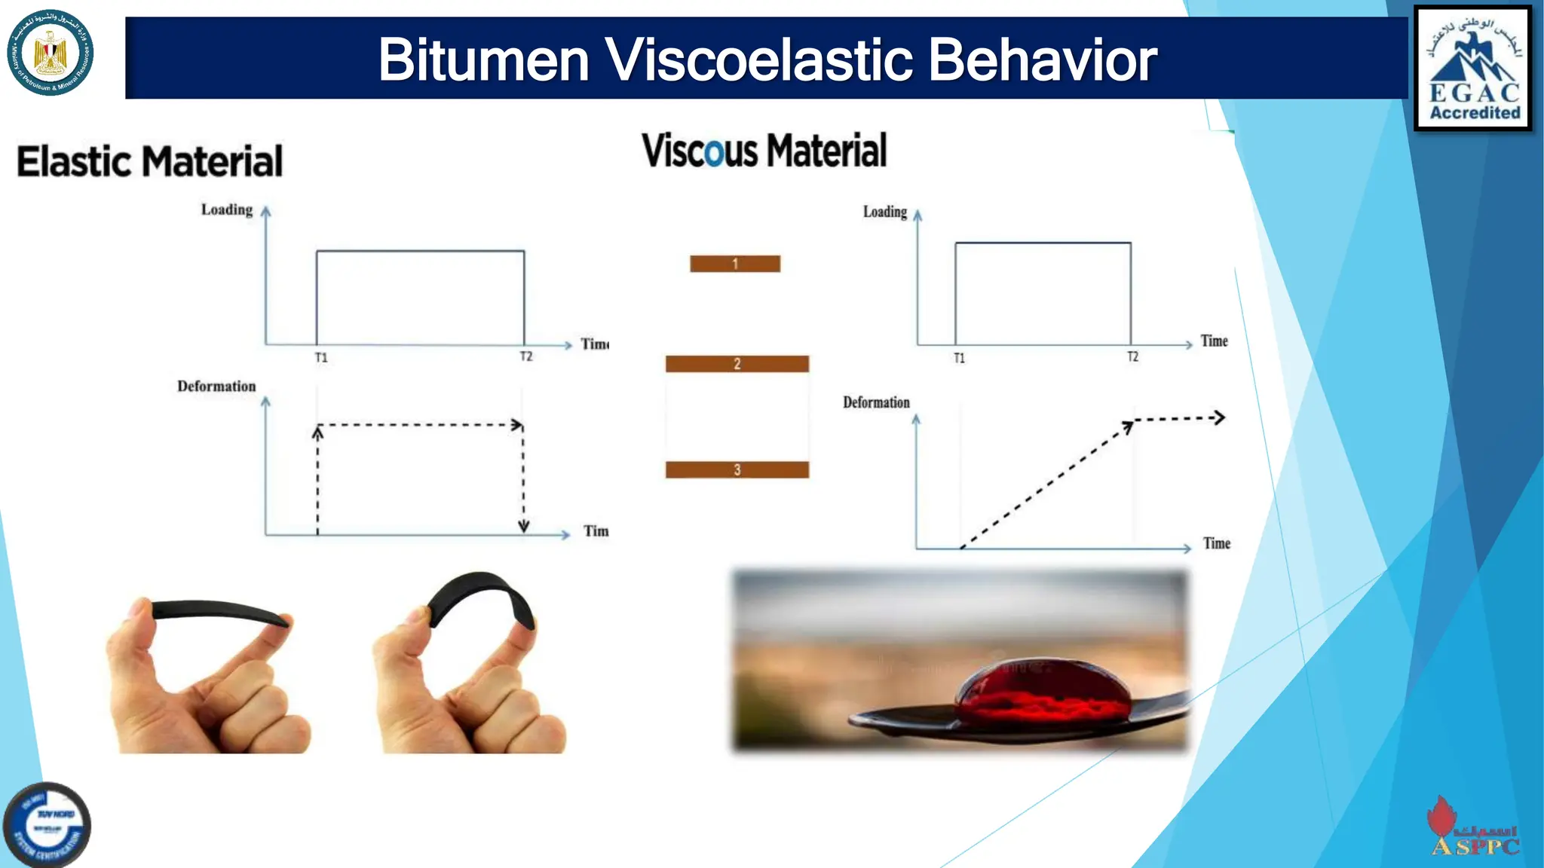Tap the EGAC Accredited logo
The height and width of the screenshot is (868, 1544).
pyautogui.click(x=1474, y=69)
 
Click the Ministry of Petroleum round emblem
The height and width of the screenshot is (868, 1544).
pyautogui.click(x=50, y=53)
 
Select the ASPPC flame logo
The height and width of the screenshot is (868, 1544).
pyautogui.click(x=1473, y=828)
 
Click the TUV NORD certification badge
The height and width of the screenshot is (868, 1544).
pyautogui.click(x=47, y=825)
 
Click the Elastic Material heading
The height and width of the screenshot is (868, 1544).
pyautogui.click(x=149, y=161)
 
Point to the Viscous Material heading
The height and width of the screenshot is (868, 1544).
pyautogui.click(x=764, y=150)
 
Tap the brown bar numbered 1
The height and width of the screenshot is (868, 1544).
pyautogui.click(x=735, y=264)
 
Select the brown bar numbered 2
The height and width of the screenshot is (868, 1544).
pyautogui.click(x=737, y=364)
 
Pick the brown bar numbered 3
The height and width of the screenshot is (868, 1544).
pyautogui.click(x=737, y=470)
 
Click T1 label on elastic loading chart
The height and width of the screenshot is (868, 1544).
pyautogui.click(x=321, y=358)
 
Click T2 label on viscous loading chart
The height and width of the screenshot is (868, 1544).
pyautogui.click(x=1132, y=356)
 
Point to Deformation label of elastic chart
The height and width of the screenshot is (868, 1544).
pyautogui.click(x=216, y=387)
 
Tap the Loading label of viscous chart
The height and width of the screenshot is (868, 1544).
pyautogui.click(x=884, y=212)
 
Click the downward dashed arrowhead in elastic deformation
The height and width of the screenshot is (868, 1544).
pyautogui.click(x=523, y=526)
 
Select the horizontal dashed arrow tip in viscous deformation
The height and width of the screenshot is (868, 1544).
pyautogui.click(x=1219, y=417)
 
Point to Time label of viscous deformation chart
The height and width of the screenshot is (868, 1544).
pyautogui.click(x=1216, y=543)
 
